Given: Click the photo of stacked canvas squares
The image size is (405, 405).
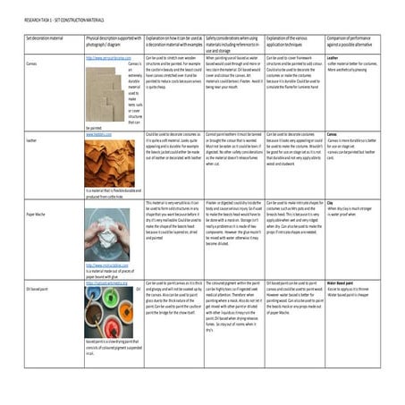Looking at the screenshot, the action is [102, 93].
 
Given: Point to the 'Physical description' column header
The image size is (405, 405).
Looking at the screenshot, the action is [113, 40].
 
